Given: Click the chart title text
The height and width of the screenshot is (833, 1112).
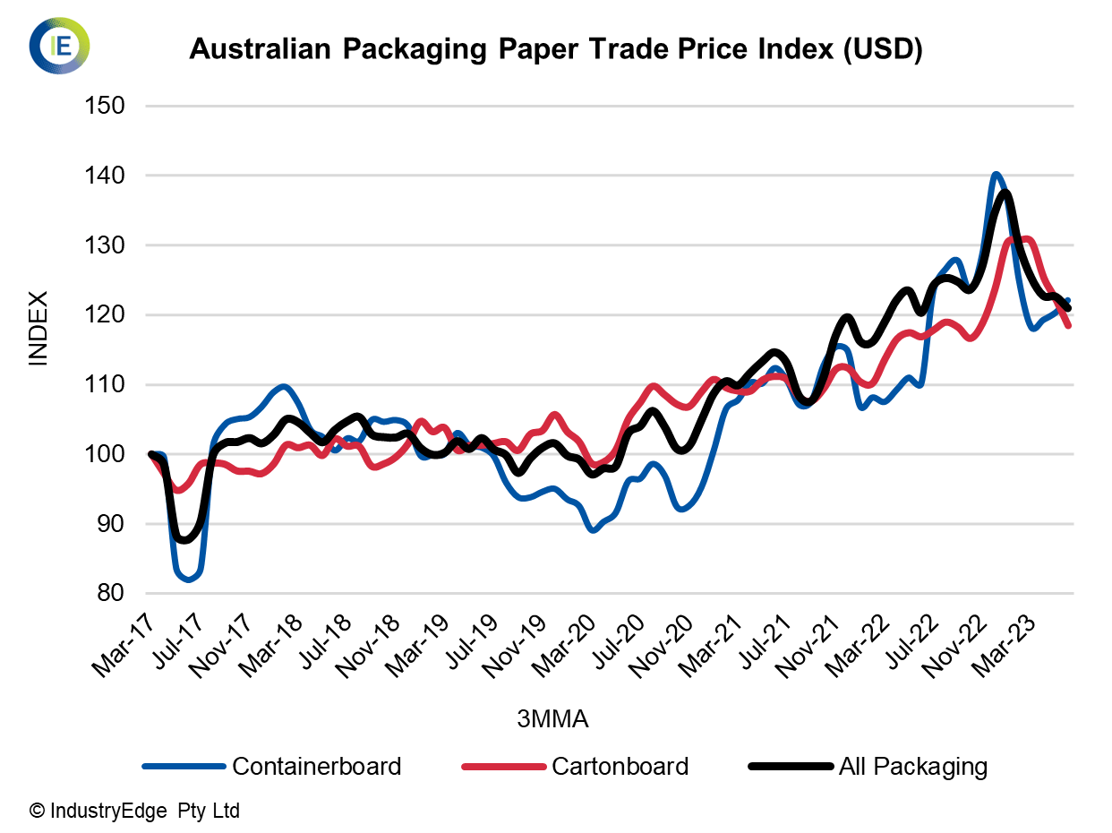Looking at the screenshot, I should [555, 50].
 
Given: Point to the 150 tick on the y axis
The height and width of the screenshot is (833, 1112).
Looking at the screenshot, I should [105, 106].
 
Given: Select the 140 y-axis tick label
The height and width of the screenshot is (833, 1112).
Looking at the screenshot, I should [105, 176].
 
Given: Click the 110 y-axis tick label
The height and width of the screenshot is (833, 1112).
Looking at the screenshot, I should [105, 385].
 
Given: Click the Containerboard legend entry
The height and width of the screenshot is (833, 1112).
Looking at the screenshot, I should [316, 767].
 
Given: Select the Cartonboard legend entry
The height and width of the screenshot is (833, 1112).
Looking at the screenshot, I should [620, 767].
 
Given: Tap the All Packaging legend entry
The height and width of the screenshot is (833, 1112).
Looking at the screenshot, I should [912, 767].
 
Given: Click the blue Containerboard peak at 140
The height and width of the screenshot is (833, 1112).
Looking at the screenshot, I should [996, 175].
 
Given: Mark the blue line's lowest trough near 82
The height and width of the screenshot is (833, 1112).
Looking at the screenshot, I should [188, 579].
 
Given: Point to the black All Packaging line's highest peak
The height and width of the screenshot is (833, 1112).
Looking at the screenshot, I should [1005, 193].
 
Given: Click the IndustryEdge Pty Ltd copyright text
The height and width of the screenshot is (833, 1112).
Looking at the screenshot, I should [135, 812].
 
